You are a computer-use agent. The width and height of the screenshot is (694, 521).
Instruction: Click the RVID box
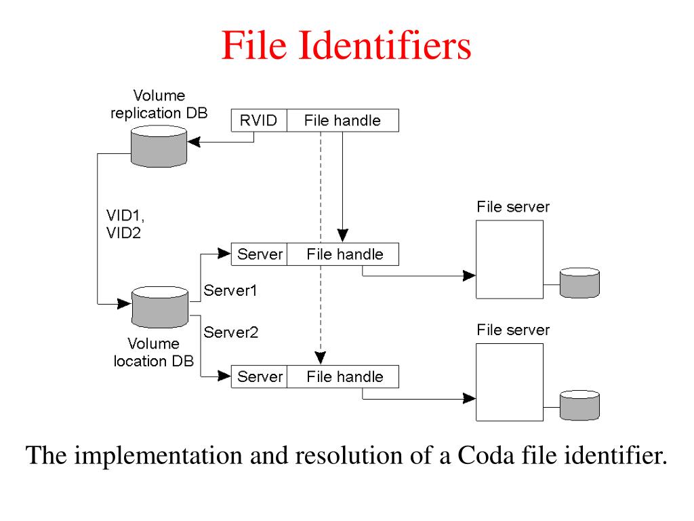point(259,121)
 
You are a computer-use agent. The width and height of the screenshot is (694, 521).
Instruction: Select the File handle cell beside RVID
point(342,121)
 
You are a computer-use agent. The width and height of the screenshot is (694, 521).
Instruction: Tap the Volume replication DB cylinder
point(159,147)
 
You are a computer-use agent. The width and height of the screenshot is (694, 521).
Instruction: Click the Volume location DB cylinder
point(160,307)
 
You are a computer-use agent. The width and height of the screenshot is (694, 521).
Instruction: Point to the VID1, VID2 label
point(125,224)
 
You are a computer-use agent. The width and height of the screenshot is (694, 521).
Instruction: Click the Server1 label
point(230,290)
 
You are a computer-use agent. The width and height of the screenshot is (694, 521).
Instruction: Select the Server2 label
point(230,332)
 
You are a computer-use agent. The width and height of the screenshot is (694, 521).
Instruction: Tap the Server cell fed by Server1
point(260,254)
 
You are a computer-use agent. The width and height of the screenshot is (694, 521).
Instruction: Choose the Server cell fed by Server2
point(260,377)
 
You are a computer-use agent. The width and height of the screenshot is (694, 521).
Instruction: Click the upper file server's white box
point(510,260)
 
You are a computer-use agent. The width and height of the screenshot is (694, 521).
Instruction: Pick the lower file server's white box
point(510,383)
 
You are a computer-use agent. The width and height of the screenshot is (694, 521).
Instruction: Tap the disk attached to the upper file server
point(580,283)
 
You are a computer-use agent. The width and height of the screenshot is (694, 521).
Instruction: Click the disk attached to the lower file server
point(580,406)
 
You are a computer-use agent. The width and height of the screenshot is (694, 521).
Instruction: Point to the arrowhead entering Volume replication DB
point(194,142)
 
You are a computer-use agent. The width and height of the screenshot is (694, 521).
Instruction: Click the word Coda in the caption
point(485,455)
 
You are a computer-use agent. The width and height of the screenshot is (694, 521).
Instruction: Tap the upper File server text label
point(513,207)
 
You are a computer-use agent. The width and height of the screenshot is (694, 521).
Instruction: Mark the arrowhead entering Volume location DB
point(125,304)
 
